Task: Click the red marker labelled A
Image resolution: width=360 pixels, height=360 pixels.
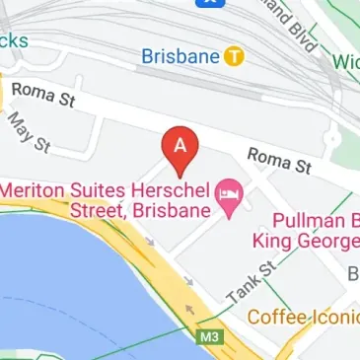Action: [x=180, y=148]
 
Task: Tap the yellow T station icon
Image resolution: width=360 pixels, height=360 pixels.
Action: [x=234, y=56]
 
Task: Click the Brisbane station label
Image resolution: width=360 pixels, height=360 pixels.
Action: [x=180, y=56]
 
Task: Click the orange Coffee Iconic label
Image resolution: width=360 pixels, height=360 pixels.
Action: [x=302, y=318]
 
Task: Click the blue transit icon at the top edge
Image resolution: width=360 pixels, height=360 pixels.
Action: [x=208, y=3]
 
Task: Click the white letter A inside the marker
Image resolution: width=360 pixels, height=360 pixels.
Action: [x=180, y=142]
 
